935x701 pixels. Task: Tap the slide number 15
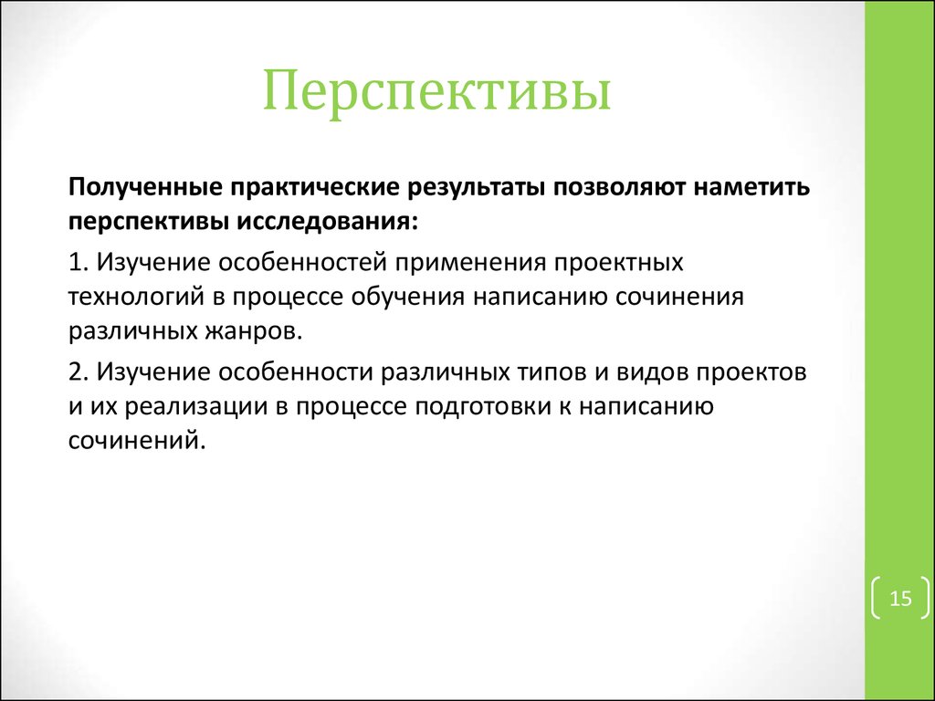(x=900, y=599)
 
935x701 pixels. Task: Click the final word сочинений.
(x=131, y=440)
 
